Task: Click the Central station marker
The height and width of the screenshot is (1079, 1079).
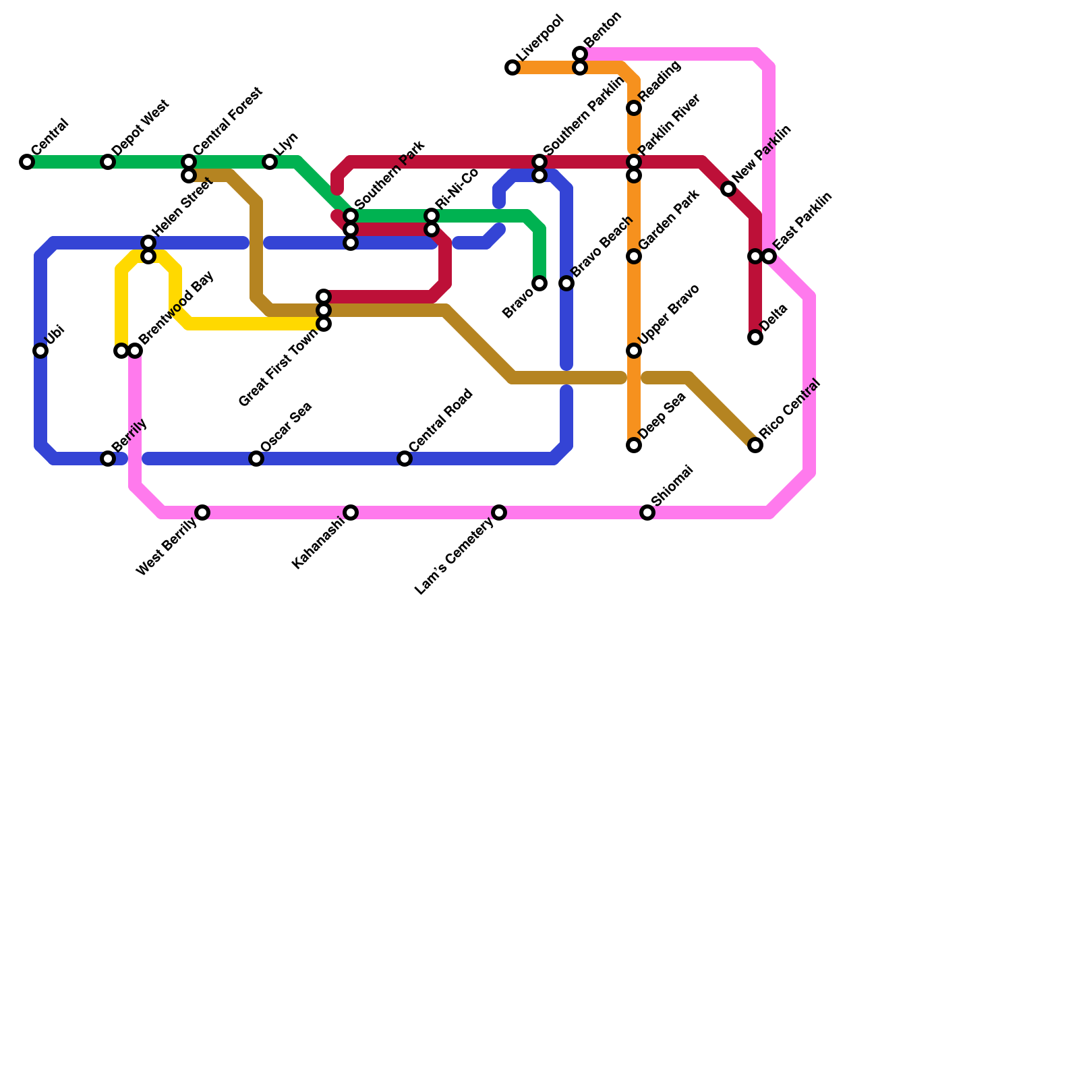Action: click(x=27, y=162)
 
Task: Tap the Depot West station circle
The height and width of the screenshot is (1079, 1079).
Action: click(x=108, y=162)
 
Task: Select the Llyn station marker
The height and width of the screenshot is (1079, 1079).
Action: click(x=270, y=162)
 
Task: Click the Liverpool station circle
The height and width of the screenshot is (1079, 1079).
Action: click(x=513, y=67)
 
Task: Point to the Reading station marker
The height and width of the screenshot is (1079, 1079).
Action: click(x=634, y=108)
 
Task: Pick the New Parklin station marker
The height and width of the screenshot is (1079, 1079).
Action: click(x=728, y=189)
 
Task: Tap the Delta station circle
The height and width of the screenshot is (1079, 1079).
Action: click(x=755, y=337)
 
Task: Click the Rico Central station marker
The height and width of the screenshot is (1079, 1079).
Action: click(x=755, y=445)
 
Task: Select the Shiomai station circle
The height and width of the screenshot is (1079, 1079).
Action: click(x=647, y=513)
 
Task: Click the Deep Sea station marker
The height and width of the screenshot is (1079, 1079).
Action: click(x=634, y=445)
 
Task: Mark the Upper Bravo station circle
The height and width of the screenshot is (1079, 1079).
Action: click(x=634, y=351)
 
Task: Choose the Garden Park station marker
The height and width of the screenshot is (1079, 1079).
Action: click(x=634, y=256)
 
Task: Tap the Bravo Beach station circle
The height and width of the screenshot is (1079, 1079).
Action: click(x=566, y=283)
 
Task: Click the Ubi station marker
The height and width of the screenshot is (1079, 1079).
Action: click(x=40, y=351)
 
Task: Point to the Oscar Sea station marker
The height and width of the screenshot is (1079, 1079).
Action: click(x=256, y=459)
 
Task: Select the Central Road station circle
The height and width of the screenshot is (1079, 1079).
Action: click(x=405, y=459)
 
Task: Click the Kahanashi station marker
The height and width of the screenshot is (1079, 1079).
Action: click(x=351, y=513)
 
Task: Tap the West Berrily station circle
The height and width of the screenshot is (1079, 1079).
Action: click(x=202, y=513)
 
